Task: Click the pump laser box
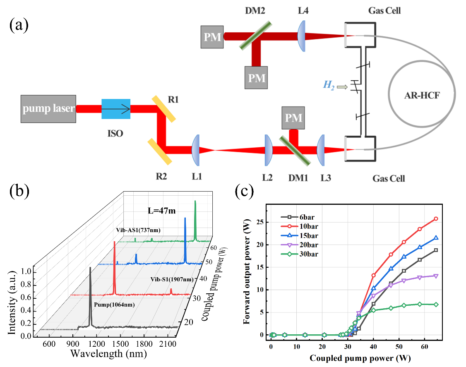pyautogui.click(x=48, y=109)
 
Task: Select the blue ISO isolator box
pyautogui.click(x=116, y=109)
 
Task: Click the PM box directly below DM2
pyautogui.click(x=256, y=77)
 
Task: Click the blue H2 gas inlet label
pyautogui.click(x=328, y=87)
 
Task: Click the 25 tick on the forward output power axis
pyautogui.click(x=262, y=222)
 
